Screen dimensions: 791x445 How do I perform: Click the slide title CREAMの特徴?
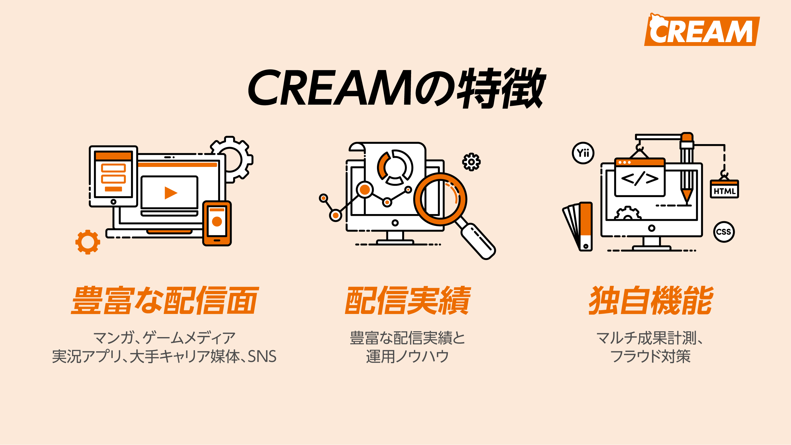[x=396, y=88]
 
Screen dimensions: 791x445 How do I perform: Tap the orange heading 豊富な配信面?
[x=165, y=301]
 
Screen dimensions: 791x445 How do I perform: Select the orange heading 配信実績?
[x=408, y=301]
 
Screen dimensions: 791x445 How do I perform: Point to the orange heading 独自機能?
[x=650, y=301]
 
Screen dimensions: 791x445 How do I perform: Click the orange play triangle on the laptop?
[x=171, y=193]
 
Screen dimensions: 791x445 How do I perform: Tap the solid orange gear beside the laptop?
[x=88, y=242]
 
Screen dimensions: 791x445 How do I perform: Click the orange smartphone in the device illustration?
[x=217, y=223]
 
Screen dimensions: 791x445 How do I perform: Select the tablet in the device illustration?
[x=113, y=176]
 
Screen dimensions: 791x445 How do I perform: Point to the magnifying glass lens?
[x=440, y=199]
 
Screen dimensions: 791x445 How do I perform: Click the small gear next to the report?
[x=471, y=162]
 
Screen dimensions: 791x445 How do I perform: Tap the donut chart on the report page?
[x=395, y=168]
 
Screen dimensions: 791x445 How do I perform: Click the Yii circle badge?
[x=583, y=153]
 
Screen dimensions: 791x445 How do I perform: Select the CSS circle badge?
[x=724, y=232]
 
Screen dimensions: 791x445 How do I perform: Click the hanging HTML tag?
[x=724, y=189]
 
